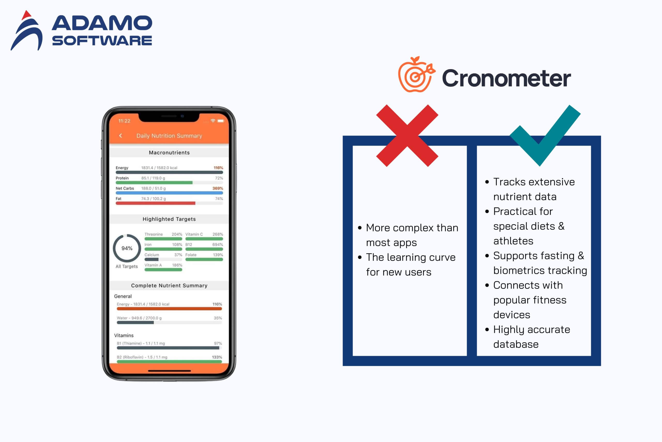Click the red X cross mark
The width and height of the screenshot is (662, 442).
407,136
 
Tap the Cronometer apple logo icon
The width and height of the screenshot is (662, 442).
416,74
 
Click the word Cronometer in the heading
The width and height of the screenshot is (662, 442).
506,78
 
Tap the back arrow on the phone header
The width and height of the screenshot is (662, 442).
121,136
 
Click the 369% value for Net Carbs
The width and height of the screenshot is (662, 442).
217,188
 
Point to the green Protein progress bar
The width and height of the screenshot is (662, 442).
154,183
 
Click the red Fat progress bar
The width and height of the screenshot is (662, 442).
155,203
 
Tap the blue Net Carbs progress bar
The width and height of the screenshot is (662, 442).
169,193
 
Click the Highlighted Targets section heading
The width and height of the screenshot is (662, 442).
169,219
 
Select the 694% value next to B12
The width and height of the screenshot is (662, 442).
217,245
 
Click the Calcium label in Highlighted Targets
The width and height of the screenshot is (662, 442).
152,255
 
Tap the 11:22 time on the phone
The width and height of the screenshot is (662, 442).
124,121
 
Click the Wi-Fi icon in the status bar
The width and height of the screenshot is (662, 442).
213,121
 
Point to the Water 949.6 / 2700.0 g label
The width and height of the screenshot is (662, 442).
139,318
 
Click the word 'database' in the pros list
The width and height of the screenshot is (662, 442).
516,344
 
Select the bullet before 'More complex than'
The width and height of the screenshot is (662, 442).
360,228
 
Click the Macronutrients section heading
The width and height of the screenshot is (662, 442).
169,153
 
